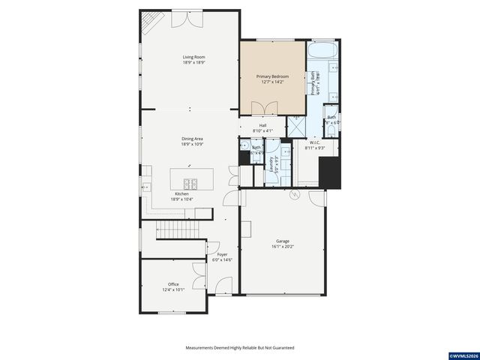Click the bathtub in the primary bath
tap(322, 53)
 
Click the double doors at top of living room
tap(186, 19)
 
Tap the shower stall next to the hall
tap(296, 127)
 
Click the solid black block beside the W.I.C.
tap(330, 175)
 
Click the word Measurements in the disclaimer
tap(201, 348)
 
